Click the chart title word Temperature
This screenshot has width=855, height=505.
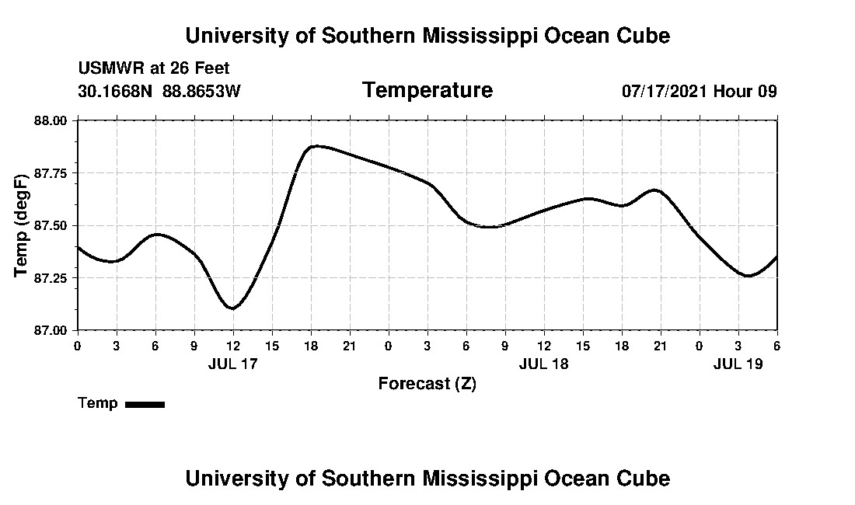pyautogui.click(x=427, y=90)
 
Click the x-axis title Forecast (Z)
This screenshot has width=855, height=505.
pyautogui.click(x=427, y=384)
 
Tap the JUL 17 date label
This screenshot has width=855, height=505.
pyautogui.click(x=232, y=364)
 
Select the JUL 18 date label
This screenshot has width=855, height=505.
pyautogui.click(x=543, y=364)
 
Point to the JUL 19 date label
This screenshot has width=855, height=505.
pyautogui.click(x=738, y=364)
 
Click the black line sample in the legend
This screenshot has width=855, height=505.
pyautogui.click(x=145, y=404)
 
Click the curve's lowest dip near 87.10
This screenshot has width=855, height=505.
pyautogui.click(x=232, y=308)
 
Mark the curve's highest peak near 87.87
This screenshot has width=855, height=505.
pyautogui.click(x=315, y=146)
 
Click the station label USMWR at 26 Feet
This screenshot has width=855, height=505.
pyautogui.click(x=154, y=68)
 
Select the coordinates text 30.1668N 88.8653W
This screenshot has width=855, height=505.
pyautogui.click(x=159, y=91)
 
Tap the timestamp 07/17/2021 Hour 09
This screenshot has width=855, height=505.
pyautogui.click(x=700, y=91)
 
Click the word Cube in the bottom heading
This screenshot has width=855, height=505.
pyautogui.click(x=646, y=478)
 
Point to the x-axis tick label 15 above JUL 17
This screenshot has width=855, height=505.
pyautogui.click(x=272, y=345)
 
